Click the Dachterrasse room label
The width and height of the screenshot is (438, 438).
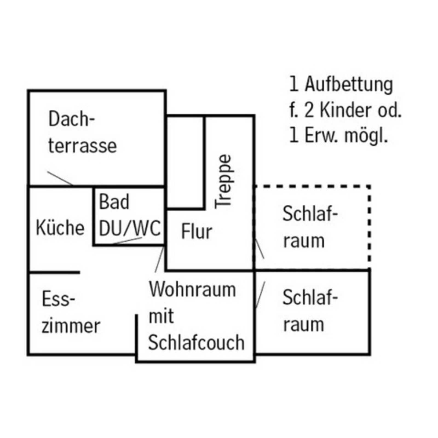point(82,132)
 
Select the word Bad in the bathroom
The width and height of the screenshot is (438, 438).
point(114,202)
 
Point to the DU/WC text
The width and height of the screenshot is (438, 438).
point(129,228)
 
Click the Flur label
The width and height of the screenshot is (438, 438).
point(197,232)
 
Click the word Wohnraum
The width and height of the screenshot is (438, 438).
point(192,289)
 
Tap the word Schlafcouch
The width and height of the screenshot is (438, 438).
point(196,342)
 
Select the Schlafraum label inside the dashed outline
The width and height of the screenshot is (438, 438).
point(310,227)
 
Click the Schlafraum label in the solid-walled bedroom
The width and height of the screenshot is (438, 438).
point(310,311)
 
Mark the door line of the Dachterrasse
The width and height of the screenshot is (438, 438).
point(60,178)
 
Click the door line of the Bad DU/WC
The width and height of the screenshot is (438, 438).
point(127,241)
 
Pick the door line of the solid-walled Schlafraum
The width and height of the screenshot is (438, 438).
point(260,295)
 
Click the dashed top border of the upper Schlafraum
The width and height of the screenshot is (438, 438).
point(312,186)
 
